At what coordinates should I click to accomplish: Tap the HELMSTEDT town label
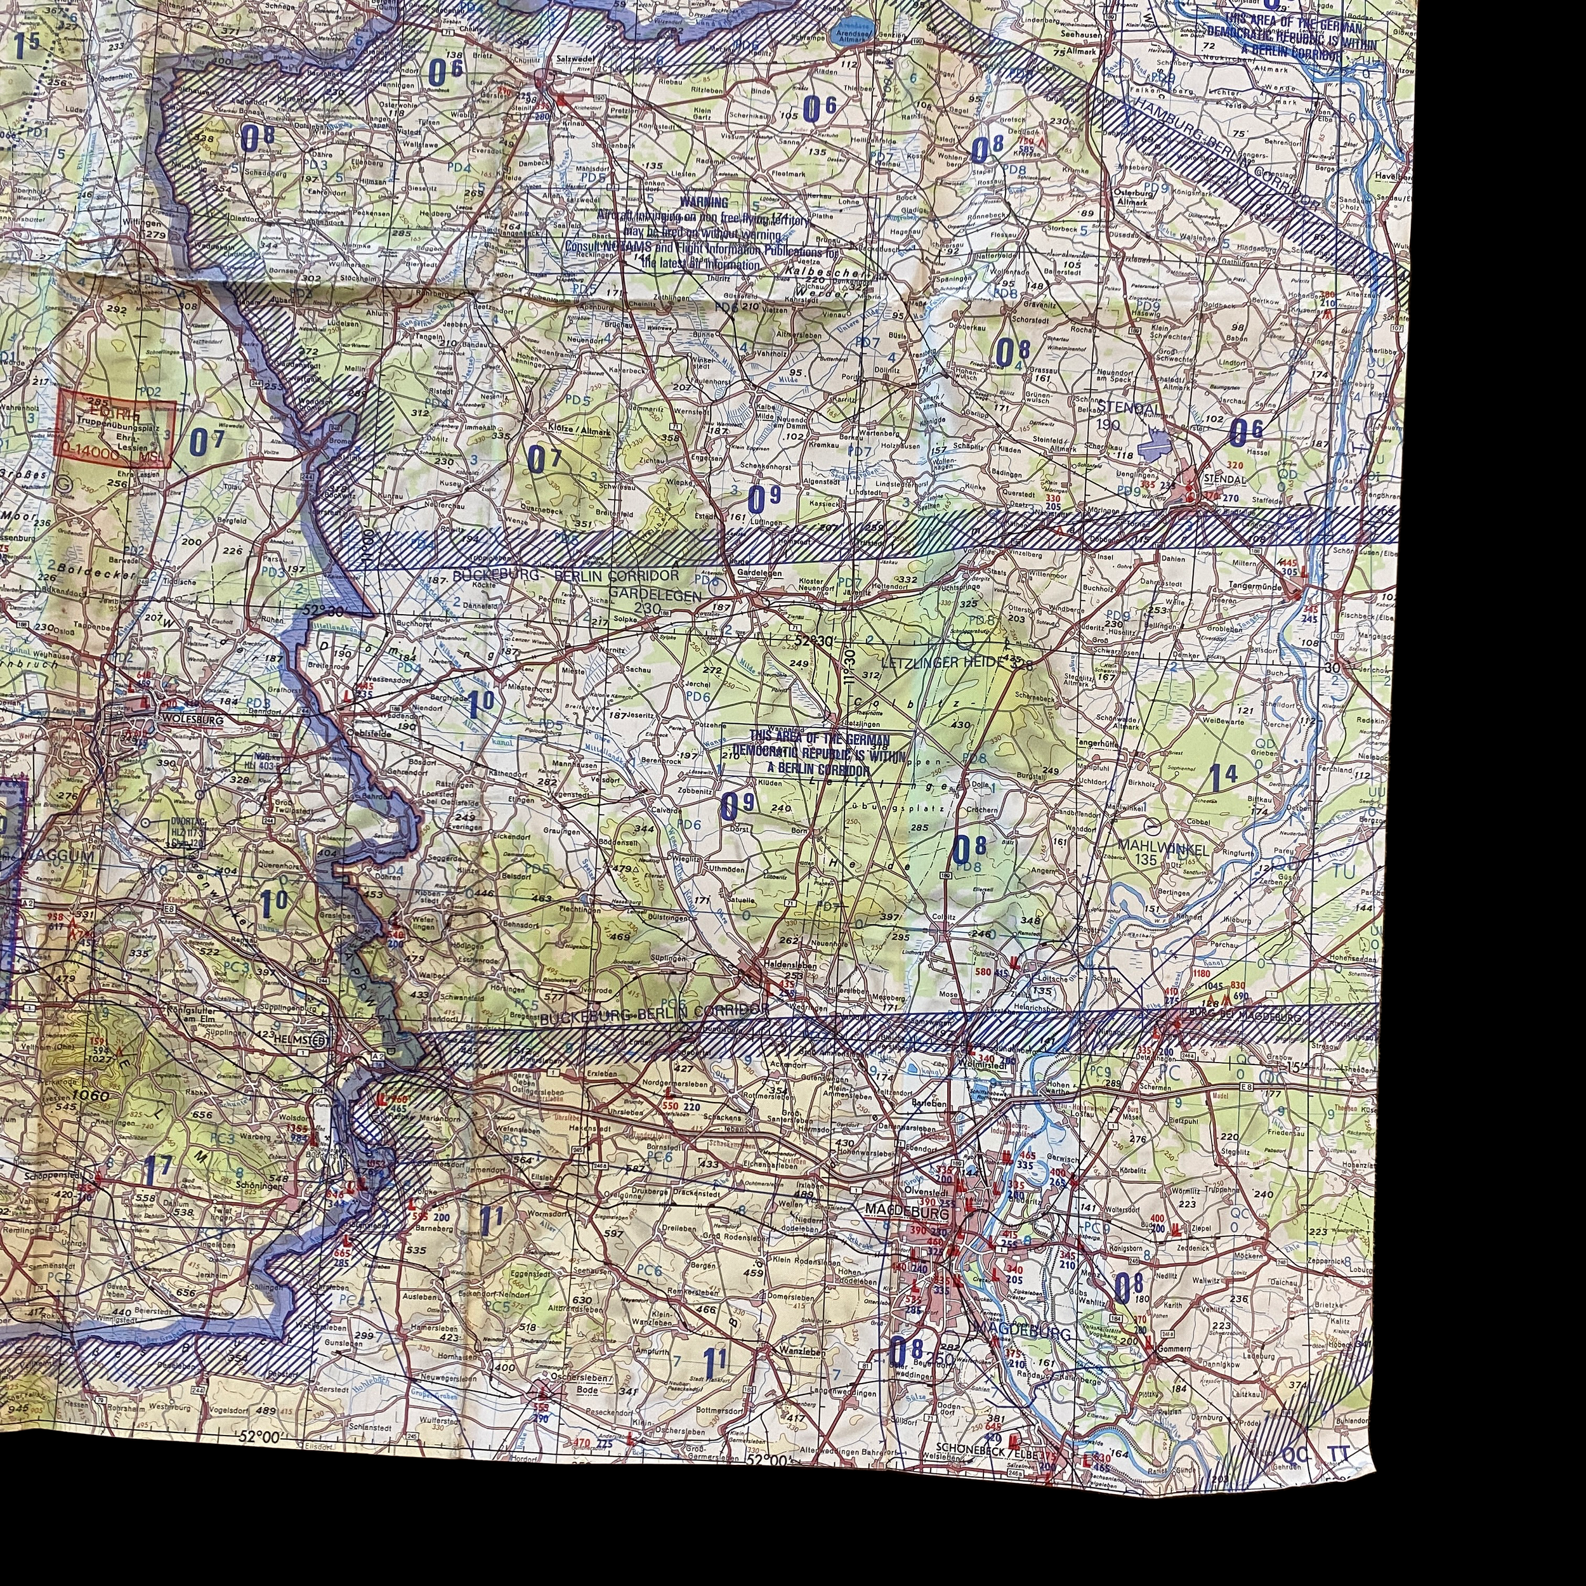tap(305, 1039)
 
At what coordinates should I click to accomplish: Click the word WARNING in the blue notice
tap(704, 202)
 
